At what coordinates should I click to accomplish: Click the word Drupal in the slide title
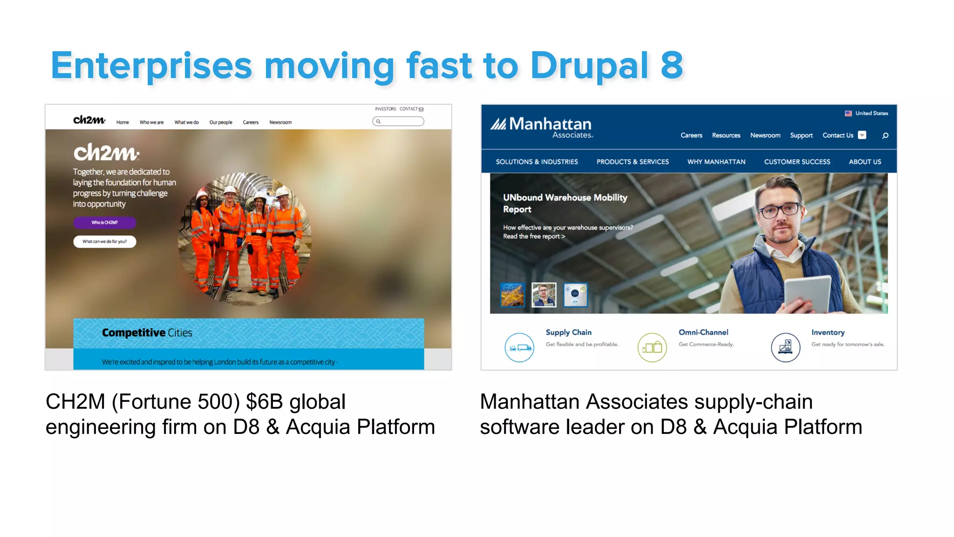[589, 66]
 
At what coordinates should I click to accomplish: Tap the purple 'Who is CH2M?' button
[104, 222]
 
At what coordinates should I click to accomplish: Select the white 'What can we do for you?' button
[104, 241]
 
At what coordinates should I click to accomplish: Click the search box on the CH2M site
[398, 122]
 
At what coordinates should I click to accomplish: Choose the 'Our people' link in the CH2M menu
[221, 123]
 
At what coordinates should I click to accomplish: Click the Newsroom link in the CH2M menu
[280, 123]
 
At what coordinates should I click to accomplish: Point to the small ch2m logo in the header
[89, 120]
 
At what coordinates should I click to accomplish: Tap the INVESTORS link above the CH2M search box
[385, 109]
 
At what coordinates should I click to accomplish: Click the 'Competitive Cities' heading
[147, 333]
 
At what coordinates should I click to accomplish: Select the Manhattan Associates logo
[542, 127]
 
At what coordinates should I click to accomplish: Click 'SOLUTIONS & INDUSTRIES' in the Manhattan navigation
[537, 162]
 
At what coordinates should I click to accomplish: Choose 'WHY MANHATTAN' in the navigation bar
[716, 162]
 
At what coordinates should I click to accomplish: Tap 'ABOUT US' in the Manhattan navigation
[865, 162]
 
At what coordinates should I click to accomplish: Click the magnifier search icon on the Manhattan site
[885, 136]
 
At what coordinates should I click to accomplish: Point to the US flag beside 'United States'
[848, 113]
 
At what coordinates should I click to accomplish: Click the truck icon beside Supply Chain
[519, 347]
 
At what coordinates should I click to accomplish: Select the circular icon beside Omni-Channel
[652, 347]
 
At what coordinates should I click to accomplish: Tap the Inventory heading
[828, 332]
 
